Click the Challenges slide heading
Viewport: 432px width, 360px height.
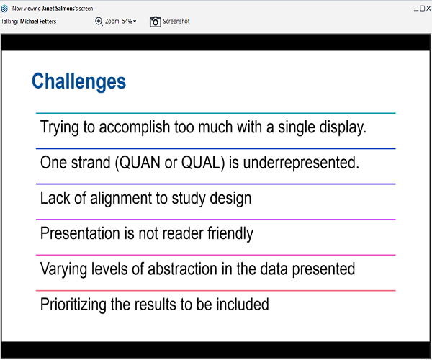coord(78,81)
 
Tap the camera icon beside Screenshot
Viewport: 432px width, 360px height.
coord(155,22)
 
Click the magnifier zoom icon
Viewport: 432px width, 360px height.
coord(99,21)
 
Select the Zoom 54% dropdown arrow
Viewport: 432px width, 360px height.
coord(135,21)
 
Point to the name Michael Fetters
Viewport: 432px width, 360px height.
coord(38,22)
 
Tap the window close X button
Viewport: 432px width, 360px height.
coord(428,9)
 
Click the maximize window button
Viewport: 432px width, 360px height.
coord(423,9)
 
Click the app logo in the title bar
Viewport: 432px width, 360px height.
coord(4,9)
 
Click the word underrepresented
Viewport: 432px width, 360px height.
coord(301,163)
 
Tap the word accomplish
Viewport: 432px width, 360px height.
coord(135,127)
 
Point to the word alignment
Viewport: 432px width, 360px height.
coord(121,198)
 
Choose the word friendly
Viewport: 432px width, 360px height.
coord(230,233)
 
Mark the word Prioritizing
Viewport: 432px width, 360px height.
coord(73,305)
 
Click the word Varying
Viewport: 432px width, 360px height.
coord(63,269)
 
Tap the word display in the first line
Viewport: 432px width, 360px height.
coord(343,127)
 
